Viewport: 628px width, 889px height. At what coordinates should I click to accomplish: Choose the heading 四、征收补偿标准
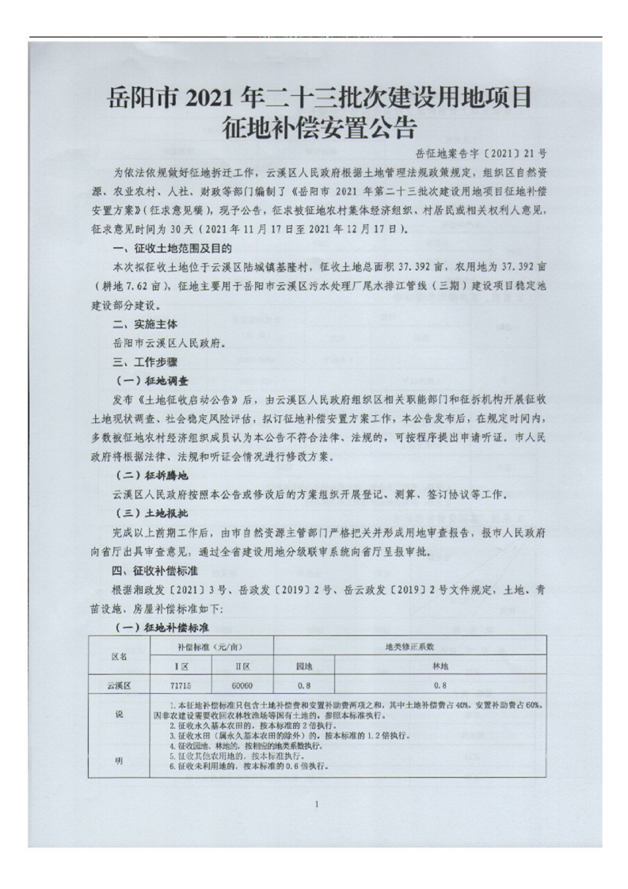[154, 570]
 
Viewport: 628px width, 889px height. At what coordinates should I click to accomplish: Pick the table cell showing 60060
[242, 682]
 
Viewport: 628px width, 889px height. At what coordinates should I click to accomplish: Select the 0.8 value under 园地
[304, 682]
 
